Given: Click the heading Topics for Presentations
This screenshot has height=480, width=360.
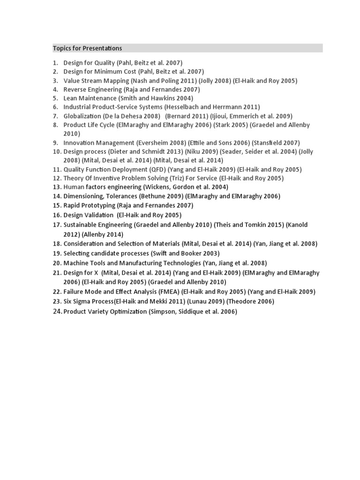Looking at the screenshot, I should coord(87,48).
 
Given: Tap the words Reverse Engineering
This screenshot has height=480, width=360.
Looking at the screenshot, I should coord(92,90).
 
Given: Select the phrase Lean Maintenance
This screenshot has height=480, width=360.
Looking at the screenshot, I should coord(90,98).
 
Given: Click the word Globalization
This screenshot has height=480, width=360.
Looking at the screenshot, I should coord(82,116).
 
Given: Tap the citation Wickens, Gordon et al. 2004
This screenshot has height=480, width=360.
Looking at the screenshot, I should coord(186,187).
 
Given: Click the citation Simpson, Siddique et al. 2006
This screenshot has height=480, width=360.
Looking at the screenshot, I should coord(193,311).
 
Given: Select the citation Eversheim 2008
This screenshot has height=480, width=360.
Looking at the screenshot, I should coord(158,142).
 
